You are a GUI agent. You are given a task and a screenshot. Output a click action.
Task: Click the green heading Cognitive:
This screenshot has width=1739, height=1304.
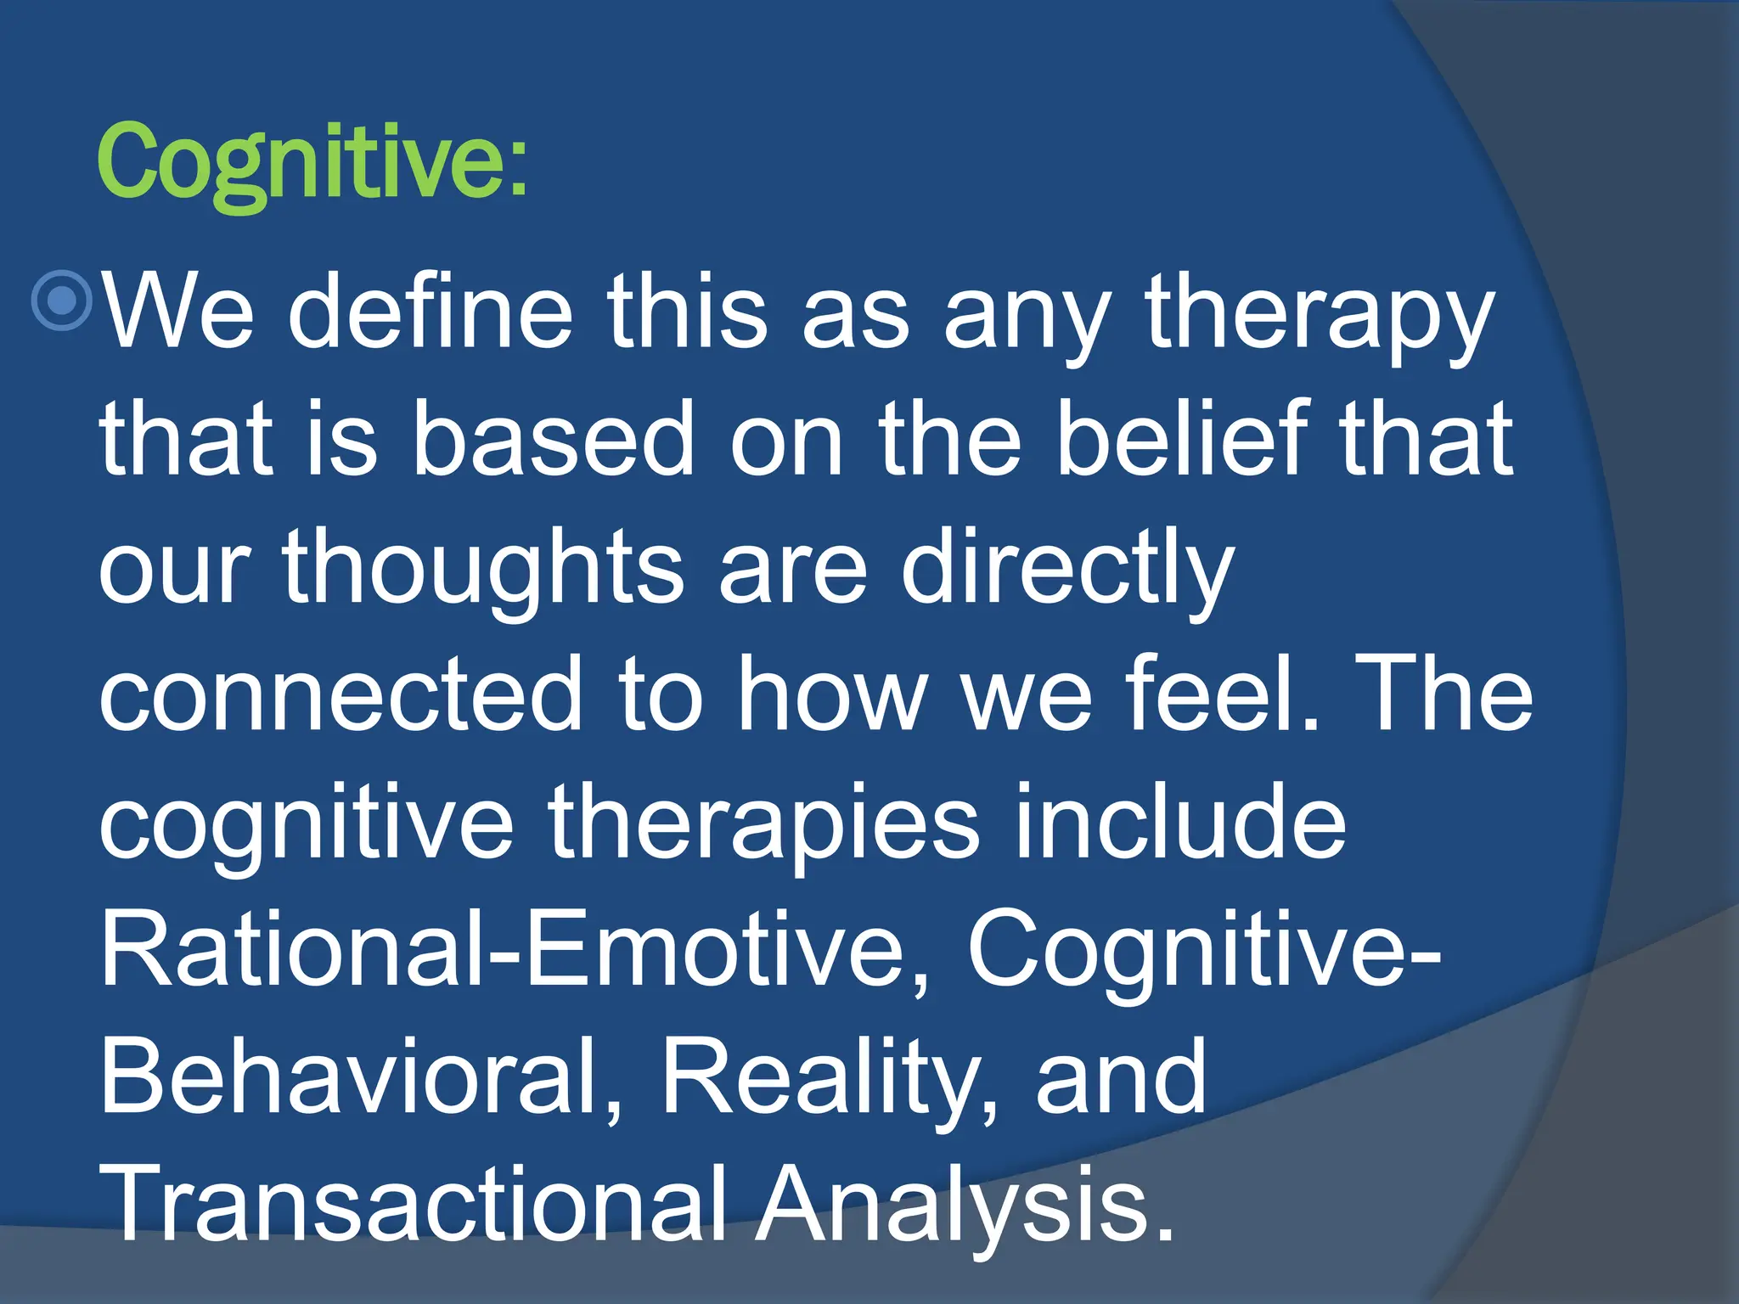[312, 161]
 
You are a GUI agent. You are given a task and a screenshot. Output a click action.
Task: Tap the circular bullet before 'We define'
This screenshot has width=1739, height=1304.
[62, 301]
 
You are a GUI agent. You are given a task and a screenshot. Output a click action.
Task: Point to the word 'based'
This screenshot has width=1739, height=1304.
[554, 440]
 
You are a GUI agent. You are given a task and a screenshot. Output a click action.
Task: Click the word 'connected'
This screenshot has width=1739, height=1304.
[340, 694]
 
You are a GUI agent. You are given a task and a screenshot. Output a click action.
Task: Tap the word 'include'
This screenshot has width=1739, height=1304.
[1179, 822]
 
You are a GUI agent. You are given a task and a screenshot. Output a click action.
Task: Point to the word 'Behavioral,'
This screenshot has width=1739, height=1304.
[361, 1076]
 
